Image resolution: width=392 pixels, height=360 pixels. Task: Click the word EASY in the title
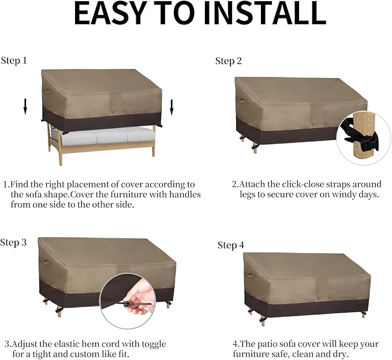tap(110, 13)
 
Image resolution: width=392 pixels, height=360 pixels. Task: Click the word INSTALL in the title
tap(265, 13)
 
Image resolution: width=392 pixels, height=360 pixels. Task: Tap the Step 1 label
tap(14, 61)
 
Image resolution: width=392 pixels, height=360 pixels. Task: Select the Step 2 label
tap(229, 61)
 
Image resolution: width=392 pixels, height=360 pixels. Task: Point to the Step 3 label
tap(13, 242)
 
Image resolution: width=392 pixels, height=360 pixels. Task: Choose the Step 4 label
tap(231, 245)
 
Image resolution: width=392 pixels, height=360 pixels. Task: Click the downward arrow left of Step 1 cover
tap(25, 107)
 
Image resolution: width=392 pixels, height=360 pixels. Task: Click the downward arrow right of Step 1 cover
tap(171, 107)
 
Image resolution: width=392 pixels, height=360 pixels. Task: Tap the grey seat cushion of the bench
tap(103, 136)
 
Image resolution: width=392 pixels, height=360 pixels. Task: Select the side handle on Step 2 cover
tap(241, 100)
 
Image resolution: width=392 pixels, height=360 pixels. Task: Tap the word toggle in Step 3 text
tap(154, 344)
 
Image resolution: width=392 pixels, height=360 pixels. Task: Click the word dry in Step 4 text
tap(341, 354)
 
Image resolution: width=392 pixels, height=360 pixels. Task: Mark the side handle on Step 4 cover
tap(249, 275)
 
